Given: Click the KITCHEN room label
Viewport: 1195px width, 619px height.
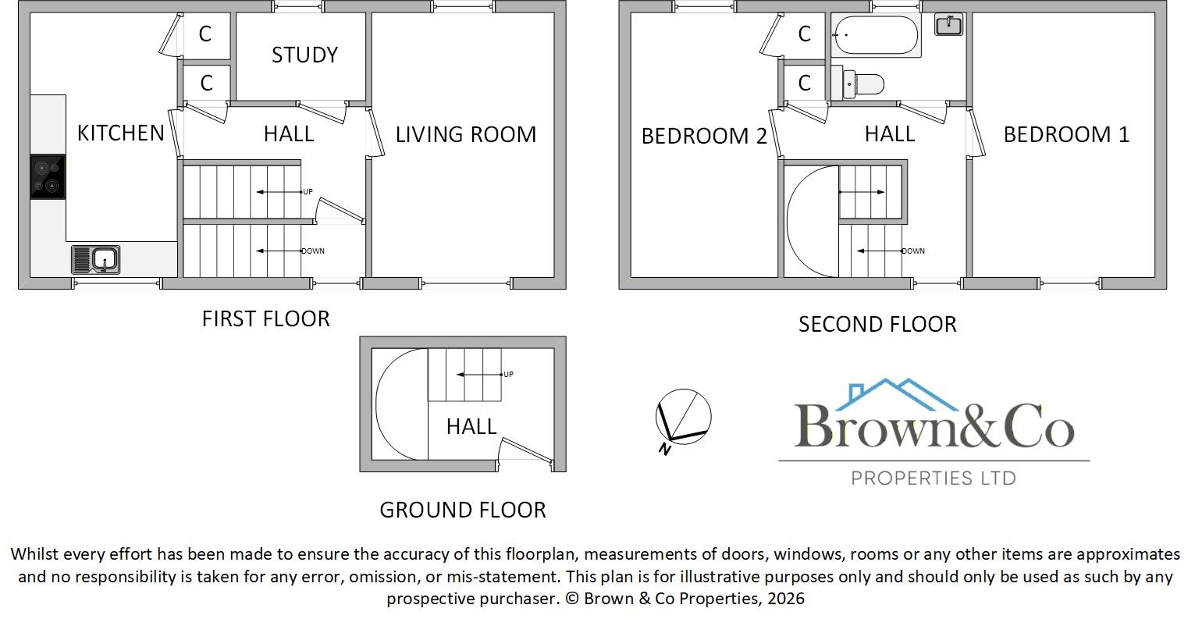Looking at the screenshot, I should pos(121,133).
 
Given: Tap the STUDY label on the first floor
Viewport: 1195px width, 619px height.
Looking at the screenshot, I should pos(304,55).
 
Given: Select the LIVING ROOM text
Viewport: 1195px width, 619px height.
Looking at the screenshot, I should pos(465,134).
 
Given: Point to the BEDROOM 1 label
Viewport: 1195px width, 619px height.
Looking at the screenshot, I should pos(1065,134).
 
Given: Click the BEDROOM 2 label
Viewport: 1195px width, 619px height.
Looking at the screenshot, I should pos(704,136).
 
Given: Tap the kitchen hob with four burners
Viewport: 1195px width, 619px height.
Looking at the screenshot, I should pos(48,177).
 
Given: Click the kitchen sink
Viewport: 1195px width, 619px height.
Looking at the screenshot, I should pos(96,259).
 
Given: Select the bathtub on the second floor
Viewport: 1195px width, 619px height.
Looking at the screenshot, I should pos(876,35).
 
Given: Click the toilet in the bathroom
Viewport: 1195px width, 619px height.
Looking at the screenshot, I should pos(861,83).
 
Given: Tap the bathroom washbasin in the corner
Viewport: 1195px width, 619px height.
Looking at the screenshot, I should pos(948,25).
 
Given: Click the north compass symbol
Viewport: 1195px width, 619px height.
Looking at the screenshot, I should pos(683,418).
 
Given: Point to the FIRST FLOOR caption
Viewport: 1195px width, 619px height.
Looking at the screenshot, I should pos(265,318).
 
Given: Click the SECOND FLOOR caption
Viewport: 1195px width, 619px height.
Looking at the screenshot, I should pos(877,324).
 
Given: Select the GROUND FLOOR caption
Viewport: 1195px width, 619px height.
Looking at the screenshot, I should pos(462,510).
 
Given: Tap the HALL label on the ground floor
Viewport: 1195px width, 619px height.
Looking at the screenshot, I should pos(471,426).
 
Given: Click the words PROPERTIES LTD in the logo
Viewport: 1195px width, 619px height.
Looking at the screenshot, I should pos(933,478).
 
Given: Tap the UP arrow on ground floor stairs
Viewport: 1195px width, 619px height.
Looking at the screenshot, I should pos(480,375).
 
